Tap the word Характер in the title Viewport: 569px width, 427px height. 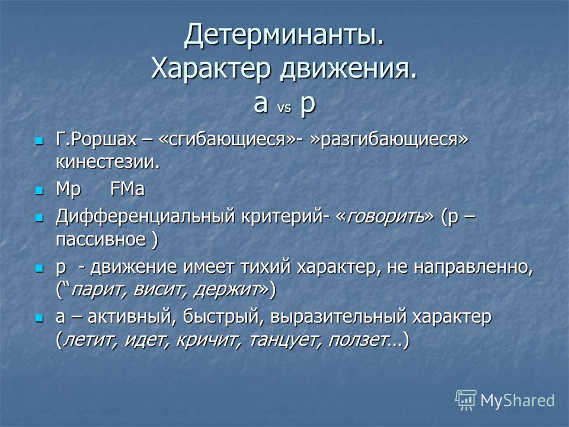point(211,69)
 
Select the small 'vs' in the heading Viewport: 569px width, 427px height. point(284,108)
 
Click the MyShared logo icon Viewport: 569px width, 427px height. point(466,400)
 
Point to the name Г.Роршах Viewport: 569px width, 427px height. point(96,139)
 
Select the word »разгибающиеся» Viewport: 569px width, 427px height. point(389,139)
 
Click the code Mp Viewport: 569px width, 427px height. point(68,189)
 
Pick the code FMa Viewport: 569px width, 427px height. point(127,189)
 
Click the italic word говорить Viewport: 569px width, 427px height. point(385,217)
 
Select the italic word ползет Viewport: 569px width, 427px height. point(357,340)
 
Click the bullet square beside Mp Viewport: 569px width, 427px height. point(39,190)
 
